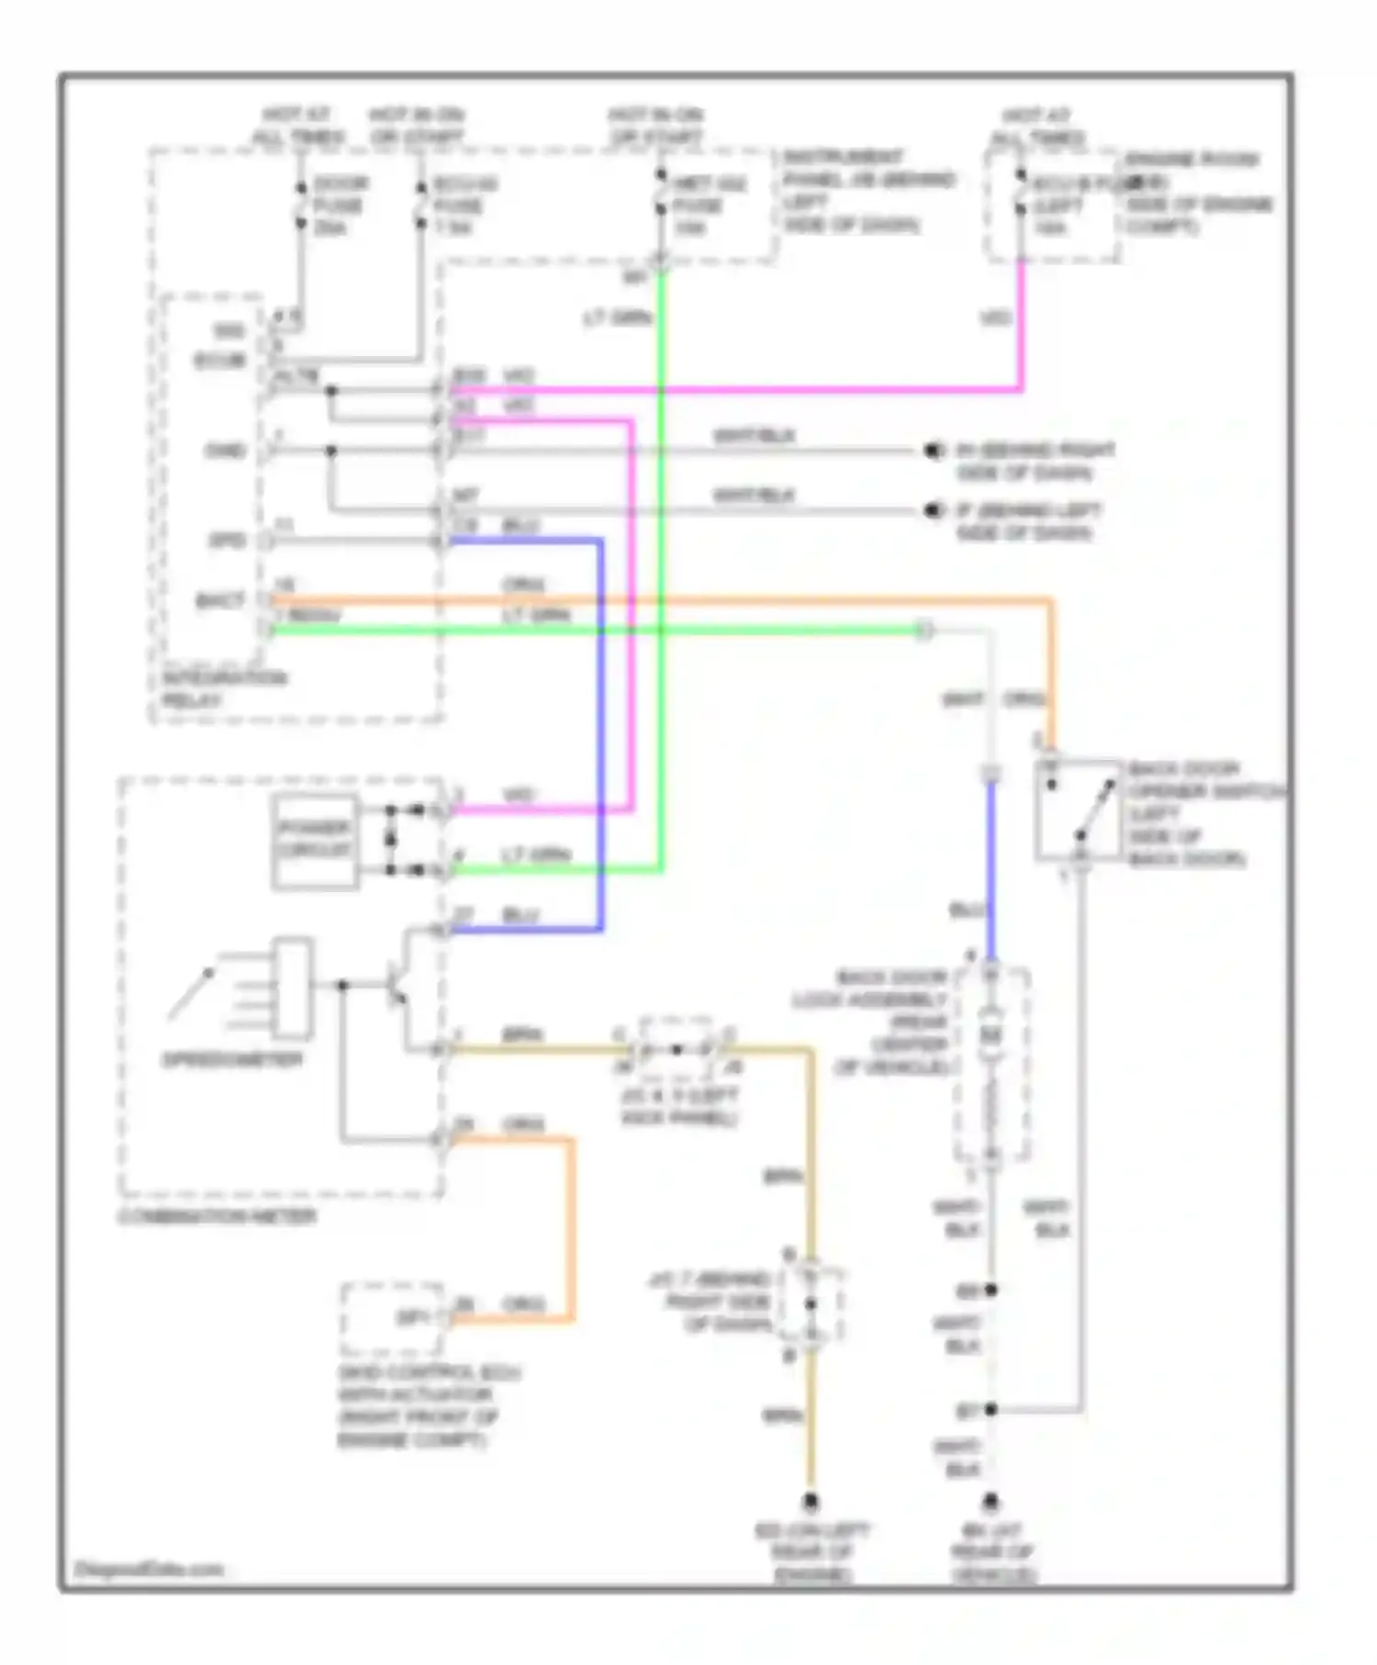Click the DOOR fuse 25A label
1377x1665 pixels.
click(x=340, y=206)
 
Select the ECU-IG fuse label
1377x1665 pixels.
click(x=465, y=206)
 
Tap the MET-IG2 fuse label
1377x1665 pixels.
click(x=708, y=206)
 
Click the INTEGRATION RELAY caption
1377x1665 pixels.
click(x=224, y=688)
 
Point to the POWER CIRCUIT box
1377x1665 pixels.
click(x=315, y=839)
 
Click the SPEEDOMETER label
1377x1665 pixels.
click(x=231, y=1060)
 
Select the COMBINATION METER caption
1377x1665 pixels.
click(x=218, y=1216)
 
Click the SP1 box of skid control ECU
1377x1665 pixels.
click(x=392, y=1318)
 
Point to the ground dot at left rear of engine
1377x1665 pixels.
click(x=811, y=1503)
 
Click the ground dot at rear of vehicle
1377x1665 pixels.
click(x=991, y=1503)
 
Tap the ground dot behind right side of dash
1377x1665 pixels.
click(x=934, y=451)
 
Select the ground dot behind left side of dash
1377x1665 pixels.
click(x=934, y=510)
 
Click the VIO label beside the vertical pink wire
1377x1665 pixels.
click(x=996, y=318)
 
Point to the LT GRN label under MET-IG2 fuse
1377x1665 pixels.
click(x=617, y=318)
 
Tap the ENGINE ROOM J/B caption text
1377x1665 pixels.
click(x=1198, y=193)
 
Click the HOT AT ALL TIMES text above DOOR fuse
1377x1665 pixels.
click(x=298, y=126)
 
